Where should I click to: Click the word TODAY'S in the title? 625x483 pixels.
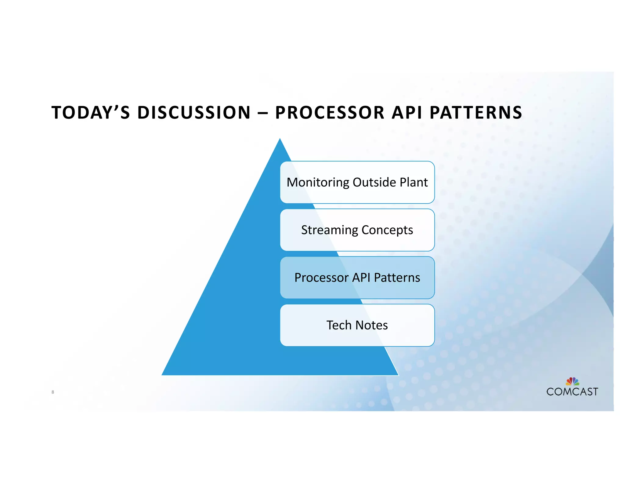click(91, 112)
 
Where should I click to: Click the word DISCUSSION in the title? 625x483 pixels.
click(194, 112)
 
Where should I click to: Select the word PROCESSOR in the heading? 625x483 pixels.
click(330, 112)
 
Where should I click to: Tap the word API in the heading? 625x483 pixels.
click(407, 112)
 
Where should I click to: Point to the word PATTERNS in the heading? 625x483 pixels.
click(476, 112)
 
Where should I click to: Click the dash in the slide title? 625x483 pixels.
click(263, 113)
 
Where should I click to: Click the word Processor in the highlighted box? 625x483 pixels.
click(321, 278)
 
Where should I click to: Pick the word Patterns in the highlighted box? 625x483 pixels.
click(397, 278)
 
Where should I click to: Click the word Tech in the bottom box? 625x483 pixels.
click(339, 325)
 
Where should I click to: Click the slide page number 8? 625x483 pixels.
click(53, 392)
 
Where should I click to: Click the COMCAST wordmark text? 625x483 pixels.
click(572, 392)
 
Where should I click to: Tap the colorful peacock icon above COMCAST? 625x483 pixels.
click(573, 381)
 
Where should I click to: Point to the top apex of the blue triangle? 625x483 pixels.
click(280, 139)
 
